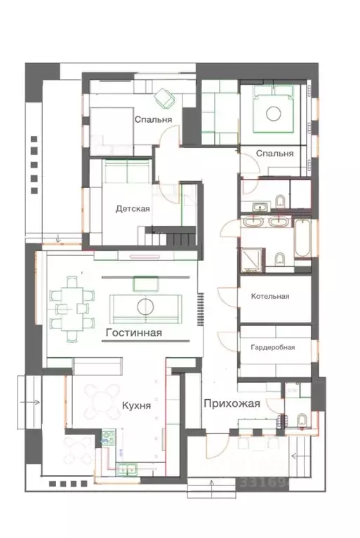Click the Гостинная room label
pyautogui.click(x=134, y=332)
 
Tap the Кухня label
pyautogui.click(x=136, y=405)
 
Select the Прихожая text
pyautogui.click(x=232, y=404)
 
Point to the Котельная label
pyautogui.click(x=270, y=296)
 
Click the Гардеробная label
pyautogui.click(x=273, y=348)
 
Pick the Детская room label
pyautogui.click(x=133, y=208)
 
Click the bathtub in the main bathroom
pyautogui.click(x=302, y=238)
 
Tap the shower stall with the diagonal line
pyautogui.click(x=252, y=260)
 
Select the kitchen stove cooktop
pyautogui.click(x=108, y=438)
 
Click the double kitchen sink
pyautogui.click(x=126, y=469)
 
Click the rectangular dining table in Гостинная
pyautogui.click(x=72, y=309)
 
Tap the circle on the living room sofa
pyautogui.click(x=145, y=307)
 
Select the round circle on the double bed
pyautogui.click(x=274, y=114)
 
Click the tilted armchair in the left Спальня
pyautogui.click(x=164, y=98)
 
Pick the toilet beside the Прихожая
pyautogui.click(x=302, y=421)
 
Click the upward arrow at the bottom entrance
pyautogui.click(x=212, y=486)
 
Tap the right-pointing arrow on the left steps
pyautogui.click(x=30, y=402)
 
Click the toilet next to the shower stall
pyautogui.click(x=280, y=259)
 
